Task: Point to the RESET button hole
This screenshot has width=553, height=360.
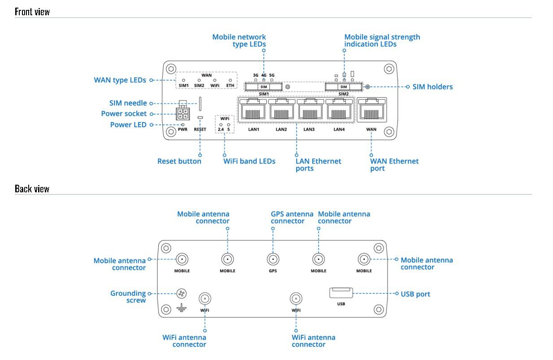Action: [x=200, y=118]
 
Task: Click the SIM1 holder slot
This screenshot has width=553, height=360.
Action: [x=264, y=87]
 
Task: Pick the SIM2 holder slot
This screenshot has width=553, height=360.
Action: [x=344, y=87]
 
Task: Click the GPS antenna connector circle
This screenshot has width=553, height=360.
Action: [x=273, y=259]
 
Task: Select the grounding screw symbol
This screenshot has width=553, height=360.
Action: [x=181, y=294]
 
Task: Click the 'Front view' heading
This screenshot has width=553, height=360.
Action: [x=32, y=12]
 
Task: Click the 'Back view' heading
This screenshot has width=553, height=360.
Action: [x=32, y=188]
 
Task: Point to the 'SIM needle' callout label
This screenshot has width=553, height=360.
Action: [x=128, y=103]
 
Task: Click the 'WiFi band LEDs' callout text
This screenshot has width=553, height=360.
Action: [x=249, y=161]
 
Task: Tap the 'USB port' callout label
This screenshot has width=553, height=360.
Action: [x=415, y=294]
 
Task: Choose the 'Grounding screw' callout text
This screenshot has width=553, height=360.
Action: [x=128, y=297]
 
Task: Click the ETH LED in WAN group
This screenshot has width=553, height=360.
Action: [x=230, y=80]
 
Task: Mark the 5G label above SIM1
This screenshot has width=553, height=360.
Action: [x=272, y=75]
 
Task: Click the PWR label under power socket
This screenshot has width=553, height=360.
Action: [x=182, y=129]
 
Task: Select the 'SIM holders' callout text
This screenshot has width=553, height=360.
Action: [x=432, y=87]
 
